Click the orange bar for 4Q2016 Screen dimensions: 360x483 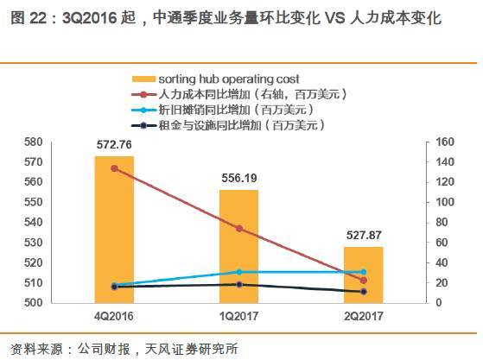114,229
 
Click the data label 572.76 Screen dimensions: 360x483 114,145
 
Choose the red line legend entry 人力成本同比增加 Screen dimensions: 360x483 251,95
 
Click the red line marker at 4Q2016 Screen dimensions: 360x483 114,168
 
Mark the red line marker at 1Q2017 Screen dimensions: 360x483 238,229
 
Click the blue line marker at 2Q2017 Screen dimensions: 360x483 363,272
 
